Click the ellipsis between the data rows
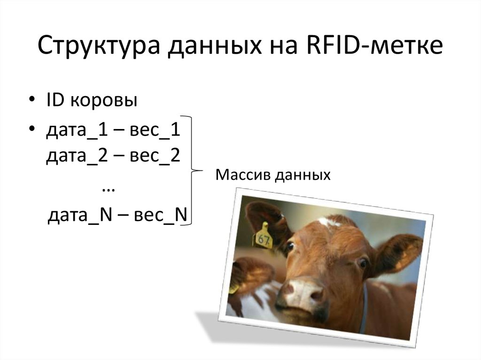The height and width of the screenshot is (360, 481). [x=109, y=188]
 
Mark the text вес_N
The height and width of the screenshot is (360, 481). [x=161, y=215]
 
